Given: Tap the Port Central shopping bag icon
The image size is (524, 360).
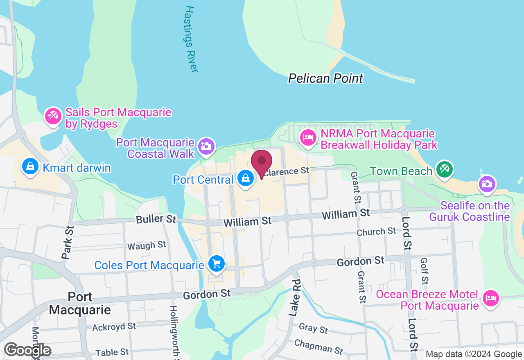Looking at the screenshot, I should click(245, 178).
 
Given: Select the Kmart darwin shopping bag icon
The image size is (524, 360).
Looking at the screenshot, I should click(30, 167).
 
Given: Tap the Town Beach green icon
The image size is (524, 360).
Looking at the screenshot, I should click(444, 170).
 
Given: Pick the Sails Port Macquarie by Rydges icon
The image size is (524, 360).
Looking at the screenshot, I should click(53, 116).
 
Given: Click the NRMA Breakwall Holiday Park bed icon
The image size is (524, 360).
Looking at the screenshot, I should click(307, 137).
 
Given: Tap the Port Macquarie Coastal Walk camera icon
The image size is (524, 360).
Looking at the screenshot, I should click(206, 146).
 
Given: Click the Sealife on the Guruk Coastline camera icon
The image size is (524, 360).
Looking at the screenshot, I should click(486, 184).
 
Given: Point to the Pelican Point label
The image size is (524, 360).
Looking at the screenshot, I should click(325, 78).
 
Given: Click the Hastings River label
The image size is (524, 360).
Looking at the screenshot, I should click(191, 39).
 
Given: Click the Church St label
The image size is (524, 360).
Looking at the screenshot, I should click(376, 232).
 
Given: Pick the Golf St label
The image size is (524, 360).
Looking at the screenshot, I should click(425, 271).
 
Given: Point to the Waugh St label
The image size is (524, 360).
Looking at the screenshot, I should click(147, 245).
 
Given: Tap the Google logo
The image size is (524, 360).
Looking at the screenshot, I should click(27, 350).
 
